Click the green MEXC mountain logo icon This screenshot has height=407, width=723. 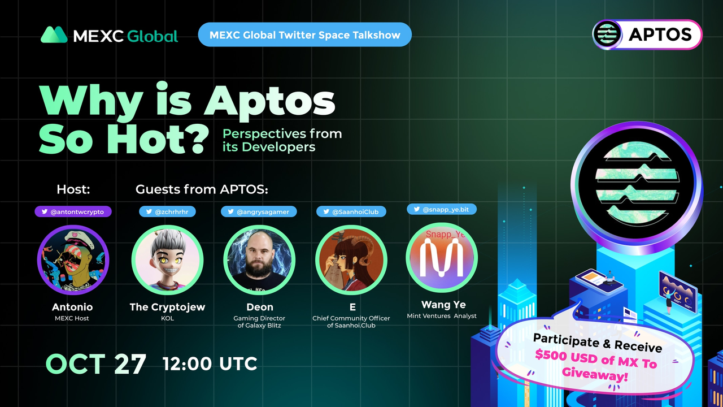(54, 34)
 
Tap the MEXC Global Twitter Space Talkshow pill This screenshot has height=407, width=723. (304, 34)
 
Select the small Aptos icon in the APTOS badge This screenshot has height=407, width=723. (607, 34)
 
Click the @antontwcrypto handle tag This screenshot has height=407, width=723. (73, 211)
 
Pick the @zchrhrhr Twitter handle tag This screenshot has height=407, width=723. (167, 211)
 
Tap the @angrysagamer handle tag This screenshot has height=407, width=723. (259, 211)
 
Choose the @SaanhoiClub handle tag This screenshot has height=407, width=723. (351, 211)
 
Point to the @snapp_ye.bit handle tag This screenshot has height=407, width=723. (442, 209)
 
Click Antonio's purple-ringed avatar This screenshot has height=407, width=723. (73, 260)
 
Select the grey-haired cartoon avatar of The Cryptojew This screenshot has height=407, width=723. (168, 260)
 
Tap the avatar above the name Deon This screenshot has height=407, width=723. (259, 260)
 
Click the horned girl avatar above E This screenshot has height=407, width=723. (351, 260)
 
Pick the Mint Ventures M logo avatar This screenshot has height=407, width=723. (442, 258)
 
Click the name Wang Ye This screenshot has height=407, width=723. (443, 305)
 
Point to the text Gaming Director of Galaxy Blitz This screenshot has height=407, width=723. (259, 322)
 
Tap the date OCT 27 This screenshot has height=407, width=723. (96, 363)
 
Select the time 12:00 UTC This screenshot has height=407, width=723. (210, 363)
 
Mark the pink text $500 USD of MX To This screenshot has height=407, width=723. (596, 359)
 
